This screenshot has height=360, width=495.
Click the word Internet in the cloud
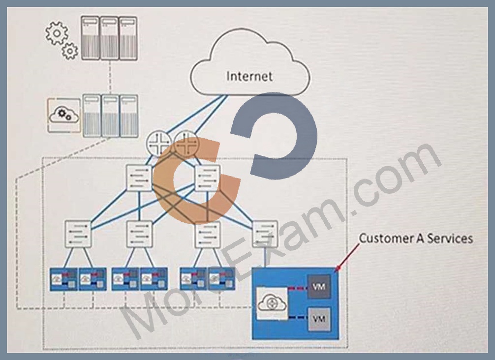[x=249, y=76]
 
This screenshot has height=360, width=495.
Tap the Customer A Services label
[x=416, y=238]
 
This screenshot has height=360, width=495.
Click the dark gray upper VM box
[x=319, y=287]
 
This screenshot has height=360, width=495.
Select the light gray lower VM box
[x=319, y=319]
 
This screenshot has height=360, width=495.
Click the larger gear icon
[x=57, y=33]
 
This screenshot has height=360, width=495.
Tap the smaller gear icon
[x=70, y=51]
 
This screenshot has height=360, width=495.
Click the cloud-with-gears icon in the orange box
[x=64, y=115]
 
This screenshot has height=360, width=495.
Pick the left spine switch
[x=139, y=178]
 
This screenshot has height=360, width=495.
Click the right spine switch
[x=208, y=178]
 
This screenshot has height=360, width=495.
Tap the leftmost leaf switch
[x=78, y=234]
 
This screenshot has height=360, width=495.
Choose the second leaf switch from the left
[x=139, y=234]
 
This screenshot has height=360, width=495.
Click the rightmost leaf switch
[x=265, y=234]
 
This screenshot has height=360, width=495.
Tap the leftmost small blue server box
[x=64, y=279]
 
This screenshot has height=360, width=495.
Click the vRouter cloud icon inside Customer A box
[x=272, y=303]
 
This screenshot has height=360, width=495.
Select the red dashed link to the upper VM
[x=298, y=288]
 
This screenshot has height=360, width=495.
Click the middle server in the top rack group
[x=109, y=38]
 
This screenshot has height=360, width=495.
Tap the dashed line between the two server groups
[x=110, y=77]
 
